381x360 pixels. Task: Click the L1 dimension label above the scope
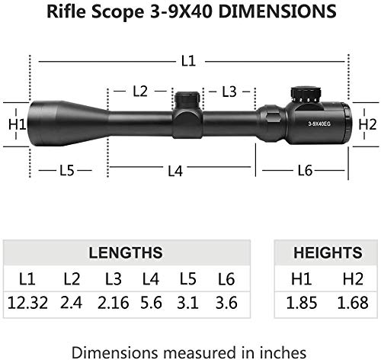click(188, 61)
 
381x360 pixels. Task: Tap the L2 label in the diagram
click(140, 91)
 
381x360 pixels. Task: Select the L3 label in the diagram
click(229, 92)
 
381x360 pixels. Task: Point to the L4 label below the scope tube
click(175, 171)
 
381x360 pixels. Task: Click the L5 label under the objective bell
click(67, 170)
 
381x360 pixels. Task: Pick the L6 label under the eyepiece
click(305, 170)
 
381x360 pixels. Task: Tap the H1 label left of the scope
click(18, 124)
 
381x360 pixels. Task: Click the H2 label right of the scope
click(367, 124)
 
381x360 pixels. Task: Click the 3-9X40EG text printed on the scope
click(319, 124)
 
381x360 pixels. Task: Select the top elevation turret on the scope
click(187, 100)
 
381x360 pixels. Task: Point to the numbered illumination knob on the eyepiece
click(306, 95)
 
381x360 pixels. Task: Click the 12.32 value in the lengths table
click(27, 303)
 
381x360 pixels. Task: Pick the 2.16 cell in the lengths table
click(114, 303)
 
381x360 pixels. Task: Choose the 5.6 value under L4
click(151, 303)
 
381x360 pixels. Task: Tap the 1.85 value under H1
click(302, 303)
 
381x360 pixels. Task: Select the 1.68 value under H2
click(353, 303)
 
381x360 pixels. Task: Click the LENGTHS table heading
click(126, 252)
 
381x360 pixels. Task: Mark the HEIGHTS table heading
click(328, 252)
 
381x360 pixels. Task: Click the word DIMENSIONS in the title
click(277, 11)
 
